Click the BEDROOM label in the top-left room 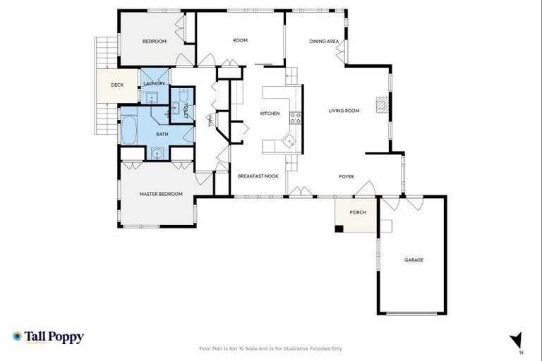tap(154, 42)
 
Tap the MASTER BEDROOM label tap(161, 194)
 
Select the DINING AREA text tap(324, 42)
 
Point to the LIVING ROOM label tap(344, 111)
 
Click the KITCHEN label tap(270, 114)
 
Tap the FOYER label tap(346, 176)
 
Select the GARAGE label tap(414, 260)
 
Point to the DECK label tap(117, 86)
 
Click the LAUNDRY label tap(154, 84)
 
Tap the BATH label tap(162, 134)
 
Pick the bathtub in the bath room tap(129, 130)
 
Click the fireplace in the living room tap(381, 104)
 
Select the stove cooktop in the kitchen tap(294, 118)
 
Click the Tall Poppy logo tap(48, 337)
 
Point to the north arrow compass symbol tap(517, 340)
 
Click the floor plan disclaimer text tap(271, 348)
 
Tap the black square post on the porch tap(339, 228)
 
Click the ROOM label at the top tap(240, 41)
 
